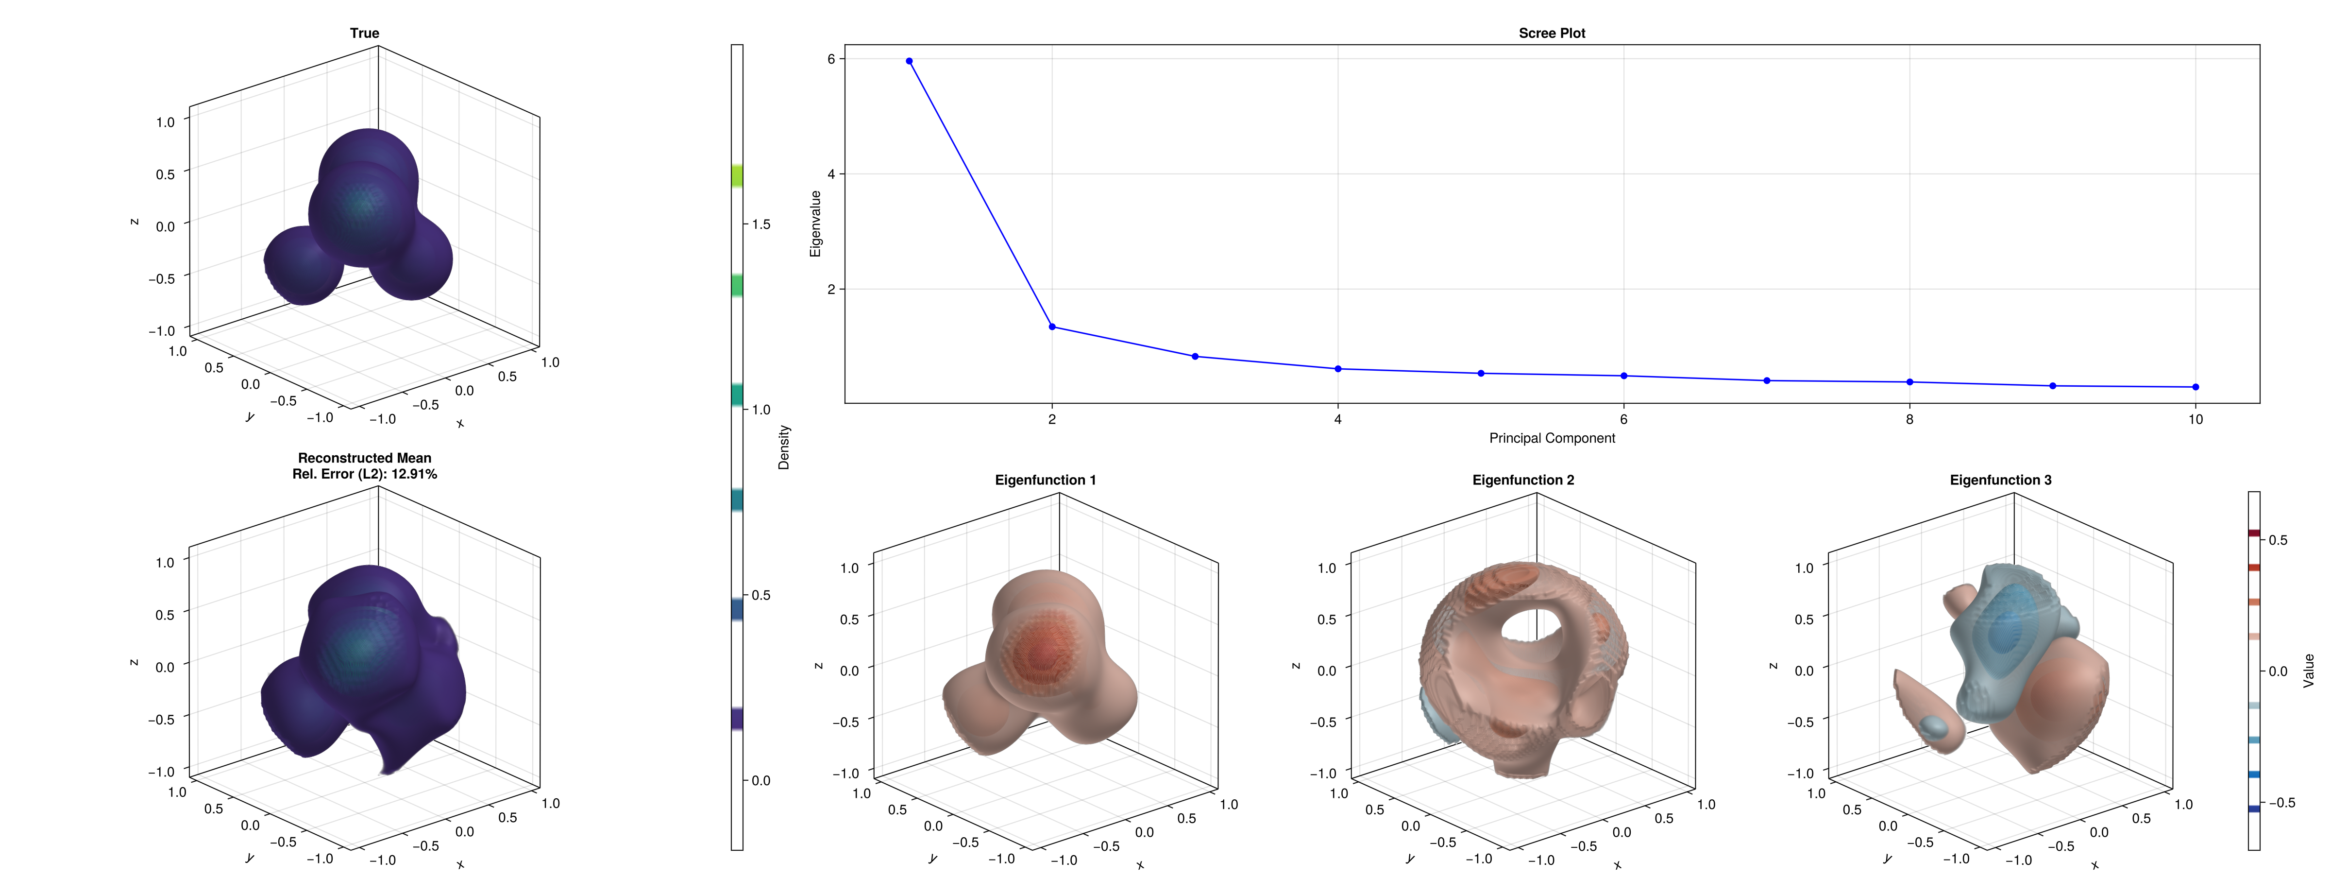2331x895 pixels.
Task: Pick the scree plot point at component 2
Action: point(1051,327)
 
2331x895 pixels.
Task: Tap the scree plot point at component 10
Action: point(2195,387)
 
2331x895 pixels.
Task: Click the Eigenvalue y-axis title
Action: point(815,224)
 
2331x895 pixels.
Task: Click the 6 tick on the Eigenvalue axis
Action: point(831,59)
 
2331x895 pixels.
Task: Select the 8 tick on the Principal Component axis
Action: point(1909,419)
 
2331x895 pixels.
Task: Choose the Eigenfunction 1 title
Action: point(1045,480)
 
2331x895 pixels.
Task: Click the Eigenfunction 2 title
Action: point(1523,480)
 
